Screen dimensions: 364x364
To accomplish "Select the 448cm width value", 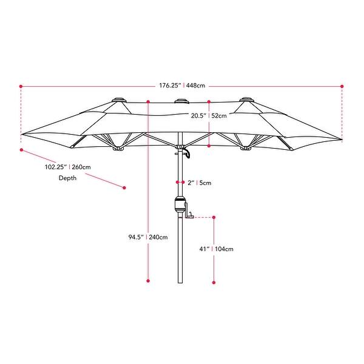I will (196, 86).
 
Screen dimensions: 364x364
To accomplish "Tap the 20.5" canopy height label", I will (199, 115).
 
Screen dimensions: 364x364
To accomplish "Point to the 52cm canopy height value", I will (219, 115).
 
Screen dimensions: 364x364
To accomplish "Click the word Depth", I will (68, 178).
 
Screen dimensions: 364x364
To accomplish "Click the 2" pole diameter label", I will (190, 182).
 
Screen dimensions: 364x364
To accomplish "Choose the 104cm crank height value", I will (224, 249).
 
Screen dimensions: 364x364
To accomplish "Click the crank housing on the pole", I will (180, 206).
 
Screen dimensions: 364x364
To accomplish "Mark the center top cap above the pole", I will (180, 101).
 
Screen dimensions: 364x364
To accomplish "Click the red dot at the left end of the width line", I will (21, 86).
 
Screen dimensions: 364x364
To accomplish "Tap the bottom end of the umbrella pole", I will (180, 282).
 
